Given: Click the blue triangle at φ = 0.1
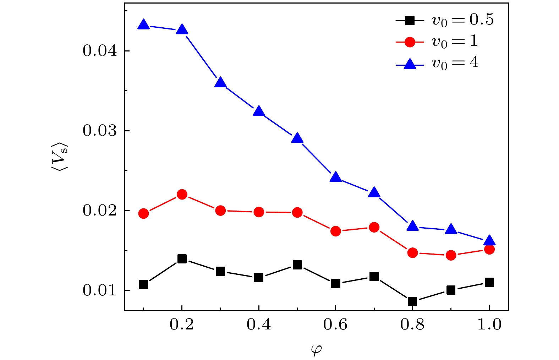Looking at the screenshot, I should coord(143,25).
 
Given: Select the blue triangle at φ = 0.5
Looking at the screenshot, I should coord(297,138).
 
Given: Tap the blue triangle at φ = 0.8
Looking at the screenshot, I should coord(412,226).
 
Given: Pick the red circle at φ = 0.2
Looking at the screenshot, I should coord(182,194).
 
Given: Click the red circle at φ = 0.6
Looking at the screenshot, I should coord(336,231).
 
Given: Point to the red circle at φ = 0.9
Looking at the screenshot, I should coord(451,255).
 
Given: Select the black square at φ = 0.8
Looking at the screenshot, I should coord(412,301).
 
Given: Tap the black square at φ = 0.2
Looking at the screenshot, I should coord(182,258).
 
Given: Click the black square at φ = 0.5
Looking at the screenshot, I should coord(297,264).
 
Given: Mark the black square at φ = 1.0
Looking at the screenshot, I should coord(489,282).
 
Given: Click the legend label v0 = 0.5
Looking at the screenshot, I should coord(462,20).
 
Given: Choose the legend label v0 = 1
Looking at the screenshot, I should coord(454,42).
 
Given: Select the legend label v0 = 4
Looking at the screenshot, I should coord(455,63).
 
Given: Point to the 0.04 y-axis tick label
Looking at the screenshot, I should coord(100,51).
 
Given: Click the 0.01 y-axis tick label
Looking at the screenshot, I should coord(100,291).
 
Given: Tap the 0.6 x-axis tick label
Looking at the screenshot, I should coord(335,324).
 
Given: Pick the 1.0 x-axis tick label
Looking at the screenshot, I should coord(489,324).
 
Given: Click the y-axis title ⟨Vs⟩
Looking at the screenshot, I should coord(60,158).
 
